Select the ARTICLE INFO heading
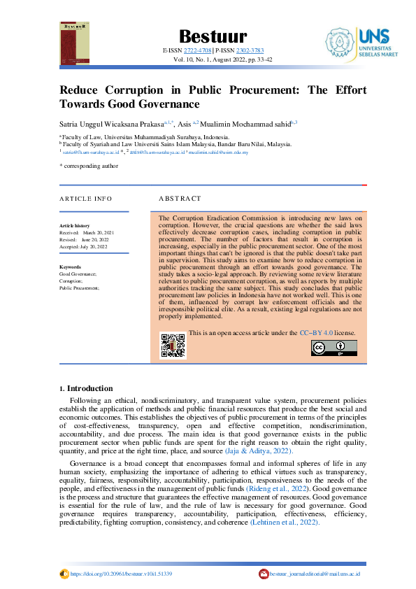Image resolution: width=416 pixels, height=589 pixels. click(x=86, y=199)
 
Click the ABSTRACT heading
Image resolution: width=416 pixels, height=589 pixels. click(x=180, y=199)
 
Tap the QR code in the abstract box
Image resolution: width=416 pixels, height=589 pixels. click(x=173, y=345)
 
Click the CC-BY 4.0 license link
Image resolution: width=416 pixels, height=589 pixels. click(x=318, y=333)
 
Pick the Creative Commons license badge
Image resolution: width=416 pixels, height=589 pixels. click(x=333, y=348)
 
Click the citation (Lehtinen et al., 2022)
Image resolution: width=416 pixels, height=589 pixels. click(x=285, y=522)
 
